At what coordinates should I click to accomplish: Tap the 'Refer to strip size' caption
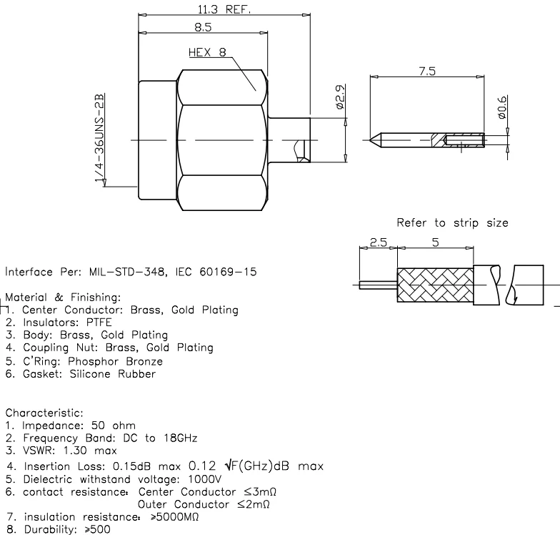[452, 222]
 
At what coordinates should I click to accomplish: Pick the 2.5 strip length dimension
[379, 243]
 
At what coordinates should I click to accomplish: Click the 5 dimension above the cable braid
[435, 243]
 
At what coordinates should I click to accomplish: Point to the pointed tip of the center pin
[373, 139]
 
